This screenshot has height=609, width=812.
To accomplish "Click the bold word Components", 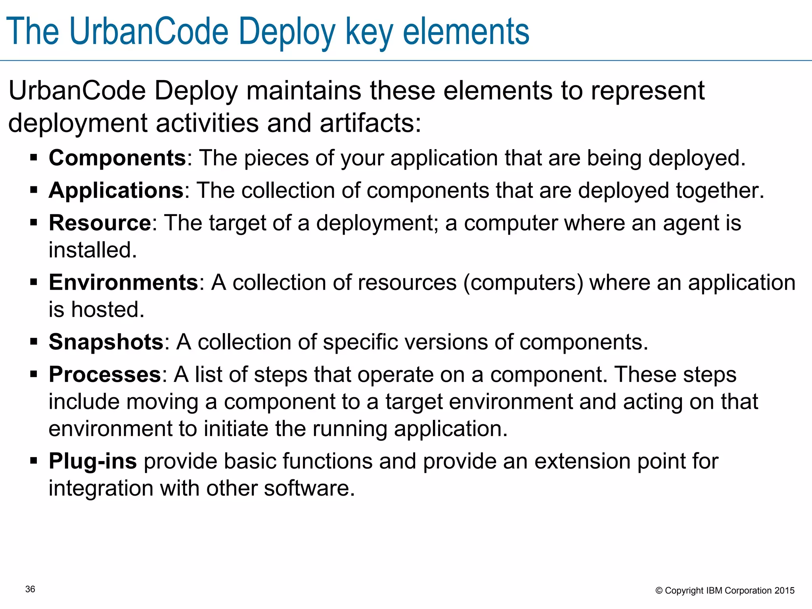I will point(117,158).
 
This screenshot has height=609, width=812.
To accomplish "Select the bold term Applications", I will point(116,190).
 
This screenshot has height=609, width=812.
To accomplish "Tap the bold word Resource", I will point(100,223).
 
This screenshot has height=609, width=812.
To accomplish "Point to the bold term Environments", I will point(123,282).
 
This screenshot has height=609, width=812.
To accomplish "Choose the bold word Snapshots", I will point(106,342).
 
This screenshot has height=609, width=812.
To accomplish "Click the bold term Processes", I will point(105,374).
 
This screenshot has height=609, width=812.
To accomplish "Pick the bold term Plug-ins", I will point(93,461).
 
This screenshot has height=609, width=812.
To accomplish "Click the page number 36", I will point(30,589).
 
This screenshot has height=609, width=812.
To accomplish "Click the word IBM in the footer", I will point(714,591).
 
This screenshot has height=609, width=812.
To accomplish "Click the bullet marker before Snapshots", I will point(34,341).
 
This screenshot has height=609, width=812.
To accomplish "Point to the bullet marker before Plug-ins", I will point(34,461).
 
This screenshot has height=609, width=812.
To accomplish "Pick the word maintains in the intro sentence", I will point(304,91).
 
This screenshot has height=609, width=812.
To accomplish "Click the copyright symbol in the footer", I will point(659,591).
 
